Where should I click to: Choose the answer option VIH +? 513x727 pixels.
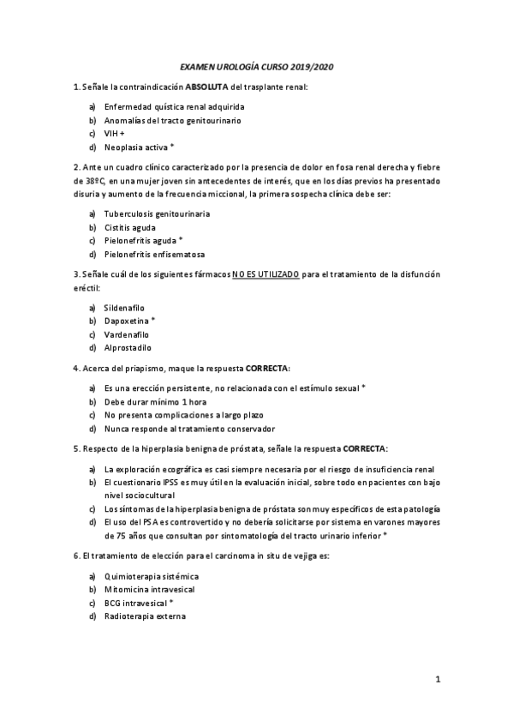[115, 134]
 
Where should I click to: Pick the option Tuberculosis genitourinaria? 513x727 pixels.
[157, 213]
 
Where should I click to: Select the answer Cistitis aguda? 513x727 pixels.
[132, 227]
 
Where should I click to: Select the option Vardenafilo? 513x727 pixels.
[127, 334]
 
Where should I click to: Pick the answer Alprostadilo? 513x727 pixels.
[128, 348]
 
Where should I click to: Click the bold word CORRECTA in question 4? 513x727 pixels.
[268, 369]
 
